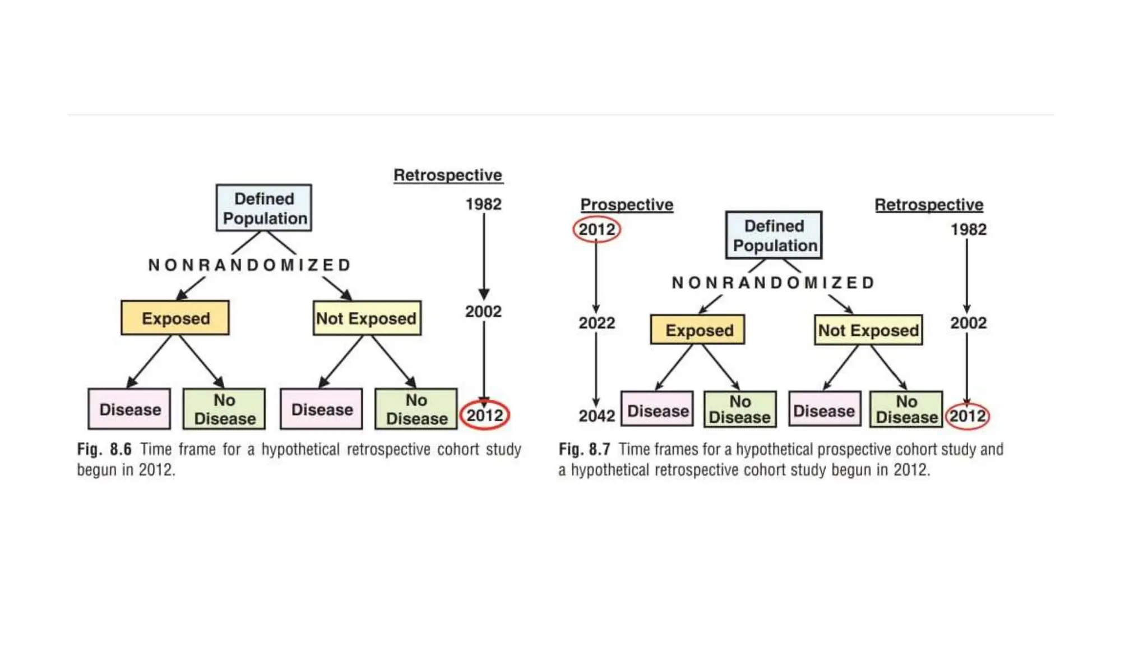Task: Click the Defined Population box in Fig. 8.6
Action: point(263,208)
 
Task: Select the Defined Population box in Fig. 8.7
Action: point(774,236)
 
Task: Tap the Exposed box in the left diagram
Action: point(175,318)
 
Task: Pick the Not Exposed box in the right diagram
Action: point(868,330)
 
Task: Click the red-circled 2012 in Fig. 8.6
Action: point(484,416)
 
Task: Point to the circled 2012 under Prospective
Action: point(596,229)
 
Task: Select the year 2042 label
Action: point(596,416)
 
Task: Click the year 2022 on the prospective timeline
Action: point(596,323)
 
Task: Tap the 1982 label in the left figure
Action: point(483,204)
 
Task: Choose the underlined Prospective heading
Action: point(626,205)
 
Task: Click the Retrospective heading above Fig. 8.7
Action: point(928,205)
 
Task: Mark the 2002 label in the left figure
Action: point(483,311)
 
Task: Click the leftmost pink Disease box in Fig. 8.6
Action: point(129,409)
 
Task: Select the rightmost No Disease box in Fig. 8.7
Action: point(906,410)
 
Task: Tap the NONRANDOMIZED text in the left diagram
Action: point(249,265)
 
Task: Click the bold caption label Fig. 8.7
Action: point(584,450)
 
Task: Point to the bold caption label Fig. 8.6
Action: point(104,450)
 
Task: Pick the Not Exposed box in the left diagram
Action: point(367,318)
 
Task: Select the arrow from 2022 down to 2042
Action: point(596,367)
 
